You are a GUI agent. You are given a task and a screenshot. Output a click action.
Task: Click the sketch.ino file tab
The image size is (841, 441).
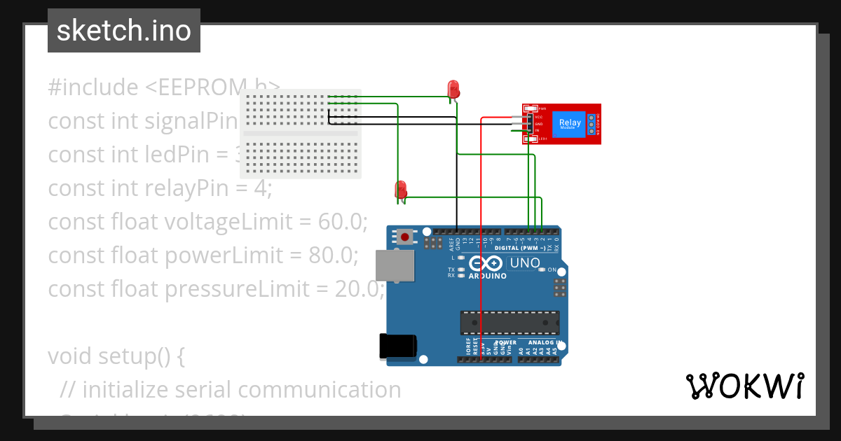pyautogui.click(x=124, y=31)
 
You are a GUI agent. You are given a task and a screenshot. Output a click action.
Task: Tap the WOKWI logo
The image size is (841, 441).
pyautogui.click(x=744, y=386)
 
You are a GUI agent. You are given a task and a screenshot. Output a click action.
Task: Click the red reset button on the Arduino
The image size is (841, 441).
pyautogui.click(x=404, y=237)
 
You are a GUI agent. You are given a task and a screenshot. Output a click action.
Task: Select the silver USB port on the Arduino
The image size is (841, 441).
pyautogui.click(x=395, y=266)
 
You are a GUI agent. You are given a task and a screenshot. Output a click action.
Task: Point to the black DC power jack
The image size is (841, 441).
pyautogui.click(x=397, y=346)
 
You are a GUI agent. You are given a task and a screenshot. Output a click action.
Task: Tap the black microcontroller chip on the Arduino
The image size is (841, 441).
pyautogui.click(x=510, y=322)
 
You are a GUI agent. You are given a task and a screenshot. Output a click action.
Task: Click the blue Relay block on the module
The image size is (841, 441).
pyautogui.click(x=570, y=124)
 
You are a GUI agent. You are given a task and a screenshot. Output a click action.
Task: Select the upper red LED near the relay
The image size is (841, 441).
pyautogui.click(x=453, y=89)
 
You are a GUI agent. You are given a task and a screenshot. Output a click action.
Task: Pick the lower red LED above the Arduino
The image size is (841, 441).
pyautogui.click(x=401, y=189)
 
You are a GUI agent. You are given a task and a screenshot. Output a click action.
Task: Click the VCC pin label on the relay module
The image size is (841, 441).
pyautogui.click(x=538, y=116)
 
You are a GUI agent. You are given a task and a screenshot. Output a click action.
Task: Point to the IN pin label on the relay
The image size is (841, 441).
pyautogui.click(x=537, y=131)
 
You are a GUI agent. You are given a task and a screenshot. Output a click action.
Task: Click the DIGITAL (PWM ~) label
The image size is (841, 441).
pyautogui.click(x=519, y=248)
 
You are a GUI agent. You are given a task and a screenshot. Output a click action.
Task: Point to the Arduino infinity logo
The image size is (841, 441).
pyautogui.click(x=485, y=264)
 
